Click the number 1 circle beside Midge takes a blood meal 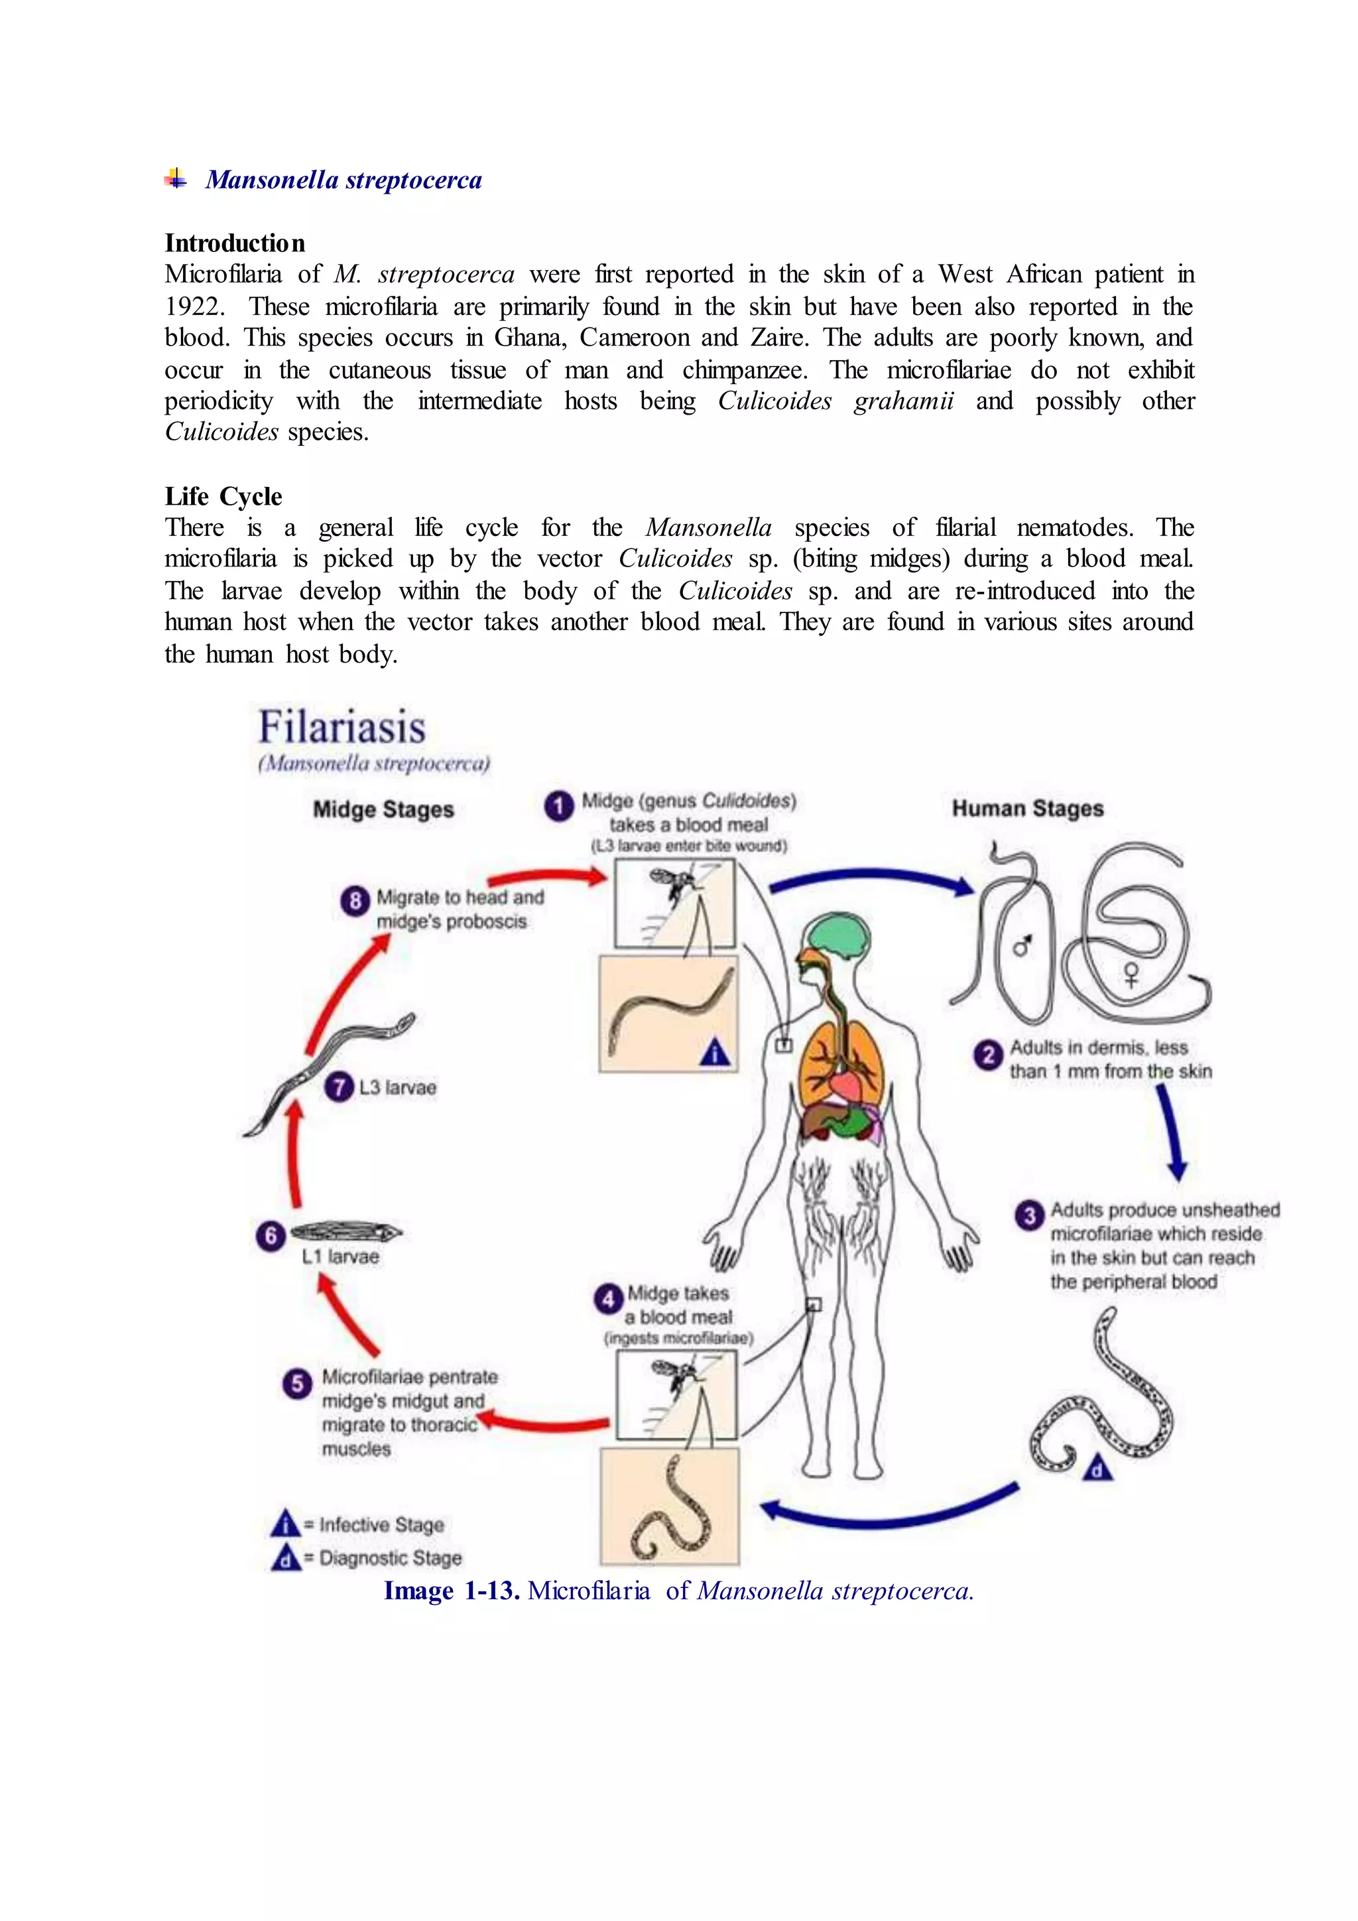tap(558, 806)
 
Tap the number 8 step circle tap(355, 900)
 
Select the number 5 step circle tap(297, 1383)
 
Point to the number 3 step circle tap(1029, 1215)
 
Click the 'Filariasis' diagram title tap(342, 726)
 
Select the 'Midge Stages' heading tap(383, 809)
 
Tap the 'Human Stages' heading tap(1028, 808)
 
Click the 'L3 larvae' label tap(397, 1088)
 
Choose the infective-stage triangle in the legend tap(285, 1524)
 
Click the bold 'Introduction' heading tap(235, 243)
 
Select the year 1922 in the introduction tap(194, 306)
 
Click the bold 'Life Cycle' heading tap(223, 496)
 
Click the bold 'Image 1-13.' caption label tap(452, 1591)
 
